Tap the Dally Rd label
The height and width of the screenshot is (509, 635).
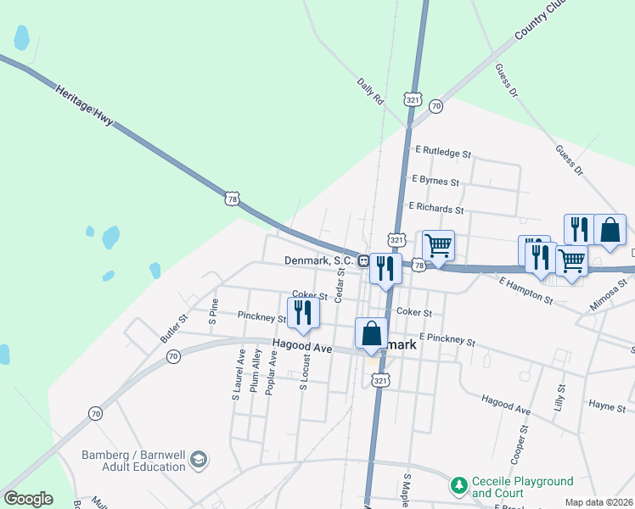pyautogui.click(x=371, y=91)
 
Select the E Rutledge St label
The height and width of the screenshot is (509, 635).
pyautogui.click(x=442, y=152)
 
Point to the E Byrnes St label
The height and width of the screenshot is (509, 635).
pyautogui.click(x=436, y=181)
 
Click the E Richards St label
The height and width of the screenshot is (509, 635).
pyautogui.click(x=436, y=207)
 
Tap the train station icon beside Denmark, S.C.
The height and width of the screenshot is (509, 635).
pyautogui.click(x=362, y=260)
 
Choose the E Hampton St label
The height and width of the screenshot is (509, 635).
pyautogui.click(x=525, y=290)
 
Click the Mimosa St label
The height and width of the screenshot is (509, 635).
pyautogui.click(x=611, y=293)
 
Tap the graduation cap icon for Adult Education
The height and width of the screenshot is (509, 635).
pyautogui.click(x=199, y=460)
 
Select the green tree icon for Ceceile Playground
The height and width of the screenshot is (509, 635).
pyautogui.click(x=459, y=485)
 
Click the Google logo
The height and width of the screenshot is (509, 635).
pyautogui.click(x=28, y=499)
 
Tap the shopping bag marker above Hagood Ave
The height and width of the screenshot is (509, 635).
pyautogui.click(x=371, y=333)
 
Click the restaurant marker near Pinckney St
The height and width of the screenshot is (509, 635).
pyautogui.click(x=303, y=311)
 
